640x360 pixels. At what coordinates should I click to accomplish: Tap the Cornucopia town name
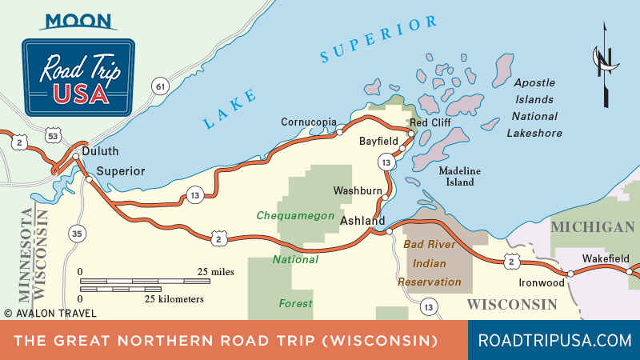tap(308, 122)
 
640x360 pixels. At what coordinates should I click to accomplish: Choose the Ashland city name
tap(363, 220)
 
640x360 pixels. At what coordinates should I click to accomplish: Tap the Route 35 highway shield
tap(77, 234)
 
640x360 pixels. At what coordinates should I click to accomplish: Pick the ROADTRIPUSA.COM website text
tap(554, 340)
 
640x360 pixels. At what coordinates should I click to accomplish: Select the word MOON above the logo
tap(78, 20)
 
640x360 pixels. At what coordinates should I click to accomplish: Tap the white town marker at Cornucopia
tap(339, 130)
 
